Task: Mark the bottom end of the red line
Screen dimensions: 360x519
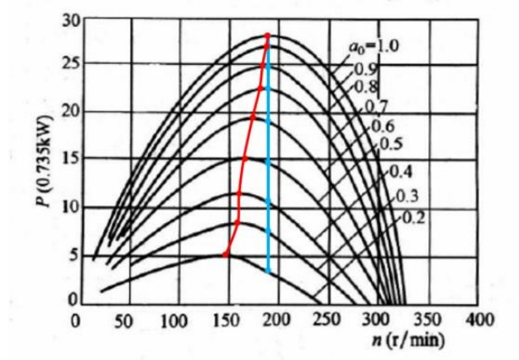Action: pos(224,254)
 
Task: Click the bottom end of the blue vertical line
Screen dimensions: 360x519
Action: pos(269,272)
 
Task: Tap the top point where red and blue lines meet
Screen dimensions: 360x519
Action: pos(267,35)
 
